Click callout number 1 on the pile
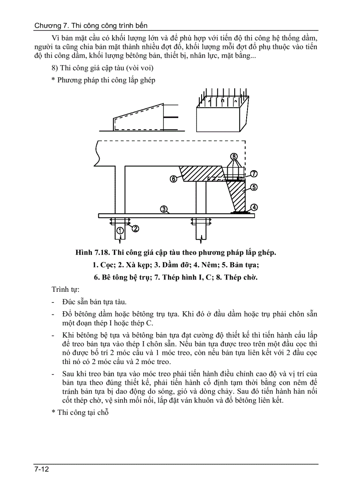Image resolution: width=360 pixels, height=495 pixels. coord(120,231)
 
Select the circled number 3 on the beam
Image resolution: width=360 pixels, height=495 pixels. coord(163,209)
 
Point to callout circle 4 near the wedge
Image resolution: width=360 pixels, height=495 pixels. coord(255,207)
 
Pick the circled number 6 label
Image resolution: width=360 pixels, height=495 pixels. coord(173,179)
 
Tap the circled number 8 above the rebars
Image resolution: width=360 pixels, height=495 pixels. coord(234,156)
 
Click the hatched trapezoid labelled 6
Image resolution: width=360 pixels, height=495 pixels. coord(201,173)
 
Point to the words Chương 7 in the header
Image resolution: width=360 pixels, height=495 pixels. coord(48,26)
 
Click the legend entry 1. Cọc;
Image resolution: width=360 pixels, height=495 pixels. coord(104,265)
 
